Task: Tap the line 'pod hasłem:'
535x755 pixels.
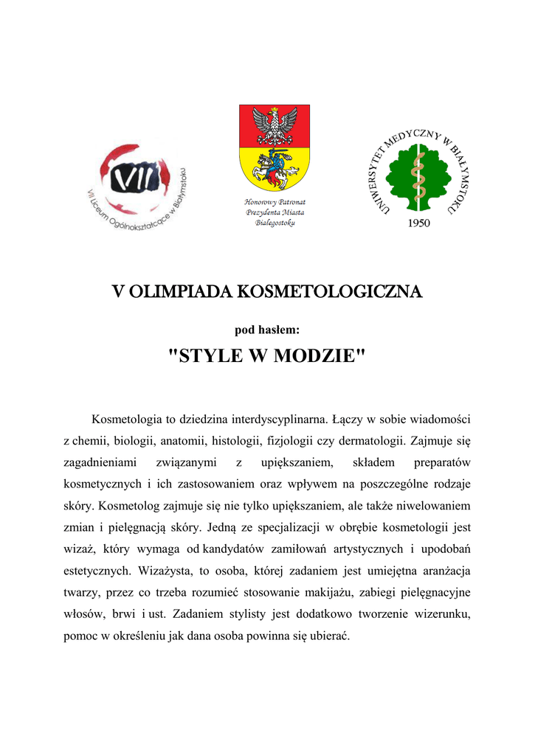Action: click(266, 330)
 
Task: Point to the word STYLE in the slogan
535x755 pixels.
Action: click(208, 356)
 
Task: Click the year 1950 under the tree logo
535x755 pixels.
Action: click(418, 224)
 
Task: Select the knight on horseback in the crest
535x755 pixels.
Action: click(274, 167)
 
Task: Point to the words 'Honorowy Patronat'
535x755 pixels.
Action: click(275, 201)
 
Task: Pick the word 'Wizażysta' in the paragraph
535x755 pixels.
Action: click(160, 570)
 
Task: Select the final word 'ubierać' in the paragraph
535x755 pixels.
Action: click(327, 635)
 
